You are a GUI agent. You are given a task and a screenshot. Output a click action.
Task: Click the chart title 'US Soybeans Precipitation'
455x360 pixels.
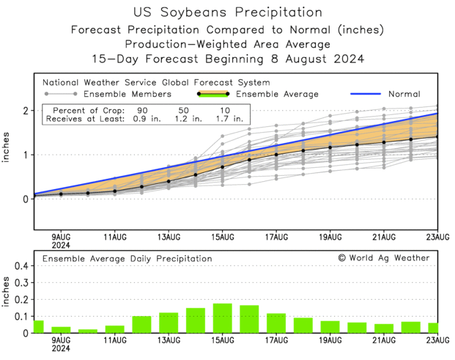tap(228, 12)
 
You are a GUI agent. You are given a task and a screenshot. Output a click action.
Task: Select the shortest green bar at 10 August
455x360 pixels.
tap(88, 331)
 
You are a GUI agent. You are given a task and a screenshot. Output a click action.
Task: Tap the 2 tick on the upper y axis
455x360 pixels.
tap(25, 111)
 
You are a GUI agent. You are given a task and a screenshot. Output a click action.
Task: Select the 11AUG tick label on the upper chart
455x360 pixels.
tap(115, 236)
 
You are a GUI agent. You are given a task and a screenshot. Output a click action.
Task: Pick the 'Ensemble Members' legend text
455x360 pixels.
tap(127, 94)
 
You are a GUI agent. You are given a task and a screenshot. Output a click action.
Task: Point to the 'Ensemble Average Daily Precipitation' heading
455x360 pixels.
tap(127, 259)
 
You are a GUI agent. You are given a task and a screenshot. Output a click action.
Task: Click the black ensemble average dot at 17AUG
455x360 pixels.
tap(276, 155)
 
